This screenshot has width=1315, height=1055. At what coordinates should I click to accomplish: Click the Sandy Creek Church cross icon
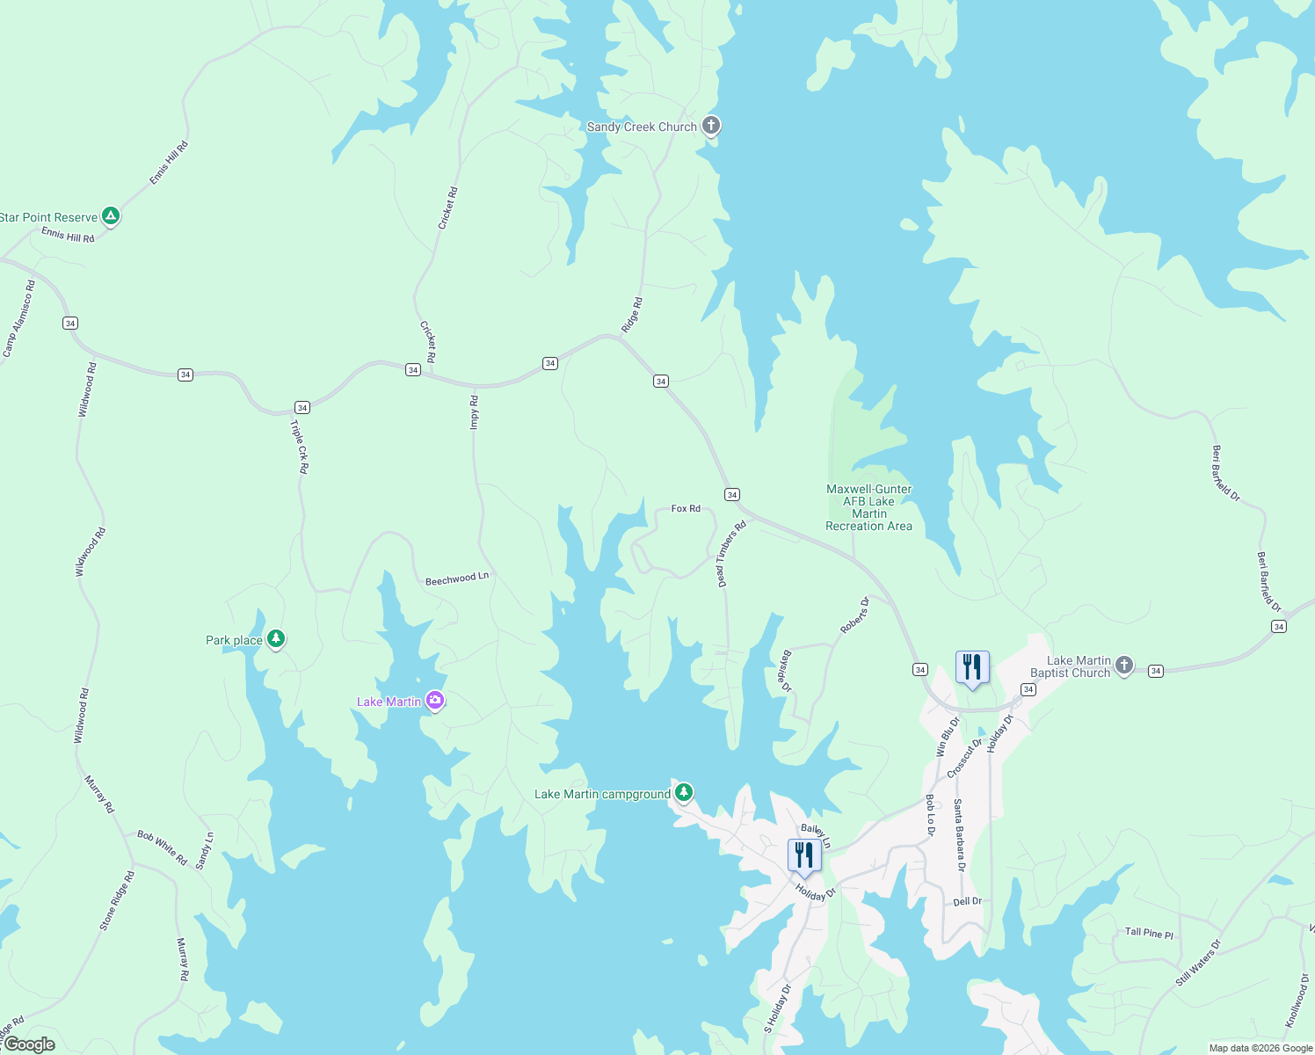point(711,126)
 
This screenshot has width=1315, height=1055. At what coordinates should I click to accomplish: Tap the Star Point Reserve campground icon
point(110,216)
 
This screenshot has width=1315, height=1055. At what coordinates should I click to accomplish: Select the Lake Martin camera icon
point(434,701)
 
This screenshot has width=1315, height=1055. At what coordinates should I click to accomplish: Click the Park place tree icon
point(276,639)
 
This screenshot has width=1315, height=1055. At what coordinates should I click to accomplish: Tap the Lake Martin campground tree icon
point(683,793)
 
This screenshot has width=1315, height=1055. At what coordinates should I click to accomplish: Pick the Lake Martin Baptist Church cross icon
point(1124,666)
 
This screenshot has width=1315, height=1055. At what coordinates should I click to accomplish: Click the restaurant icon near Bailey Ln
point(803,855)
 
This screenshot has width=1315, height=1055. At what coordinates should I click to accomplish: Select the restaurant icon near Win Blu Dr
point(972,668)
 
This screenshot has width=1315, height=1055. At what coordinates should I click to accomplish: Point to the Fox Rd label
point(686,508)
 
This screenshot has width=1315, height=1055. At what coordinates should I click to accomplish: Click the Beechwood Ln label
point(456,578)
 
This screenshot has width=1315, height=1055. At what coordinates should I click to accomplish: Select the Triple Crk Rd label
point(300,447)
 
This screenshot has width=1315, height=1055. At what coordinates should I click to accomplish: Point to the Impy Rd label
point(475,411)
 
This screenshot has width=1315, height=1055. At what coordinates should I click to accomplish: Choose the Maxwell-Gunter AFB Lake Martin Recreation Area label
point(868,507)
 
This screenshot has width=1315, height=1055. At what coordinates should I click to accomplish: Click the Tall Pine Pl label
point(1149,933)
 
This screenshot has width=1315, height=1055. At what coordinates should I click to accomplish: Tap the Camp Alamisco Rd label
point(18,319)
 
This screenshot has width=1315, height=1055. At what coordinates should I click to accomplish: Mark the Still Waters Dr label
point(1199,964)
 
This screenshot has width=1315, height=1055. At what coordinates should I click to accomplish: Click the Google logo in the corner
point(29,1044)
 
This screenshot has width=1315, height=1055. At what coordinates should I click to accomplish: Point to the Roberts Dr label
point(854,615)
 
